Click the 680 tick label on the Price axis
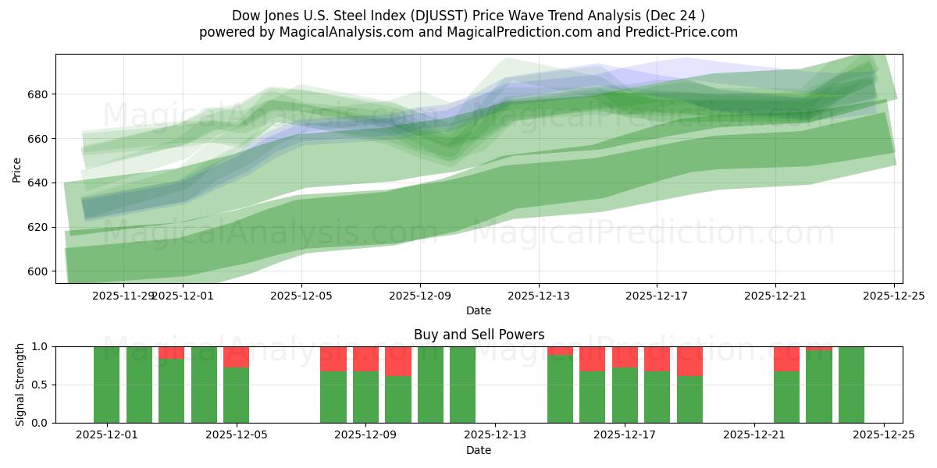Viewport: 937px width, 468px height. (x=36, y=94)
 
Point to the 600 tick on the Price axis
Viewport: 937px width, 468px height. (x=36, y=271)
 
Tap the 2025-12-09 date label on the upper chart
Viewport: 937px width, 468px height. (x=420, y=296)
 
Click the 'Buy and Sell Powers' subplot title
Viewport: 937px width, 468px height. (x=479, y=335)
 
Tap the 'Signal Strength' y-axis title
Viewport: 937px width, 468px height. (x=20, y=385)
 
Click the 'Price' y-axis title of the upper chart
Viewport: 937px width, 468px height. (x=17, y=168)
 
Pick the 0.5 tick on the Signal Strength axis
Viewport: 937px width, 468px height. (x=39, y=385)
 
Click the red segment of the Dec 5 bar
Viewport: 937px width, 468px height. (x=236, y=356)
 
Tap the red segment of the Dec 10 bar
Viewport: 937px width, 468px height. (x=398, y=361)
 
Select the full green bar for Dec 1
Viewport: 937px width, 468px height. (x=106, y=385)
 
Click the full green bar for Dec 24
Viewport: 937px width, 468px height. (x=851, y=385)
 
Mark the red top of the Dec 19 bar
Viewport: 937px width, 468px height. (x=689, y=361)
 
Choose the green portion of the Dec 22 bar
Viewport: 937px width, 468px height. (x=786, y=397)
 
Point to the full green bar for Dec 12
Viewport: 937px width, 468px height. (x=462, y=385)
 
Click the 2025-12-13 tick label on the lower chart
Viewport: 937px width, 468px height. (x=495, y=435)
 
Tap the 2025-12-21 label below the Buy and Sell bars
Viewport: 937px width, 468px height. (x=754, y=435)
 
